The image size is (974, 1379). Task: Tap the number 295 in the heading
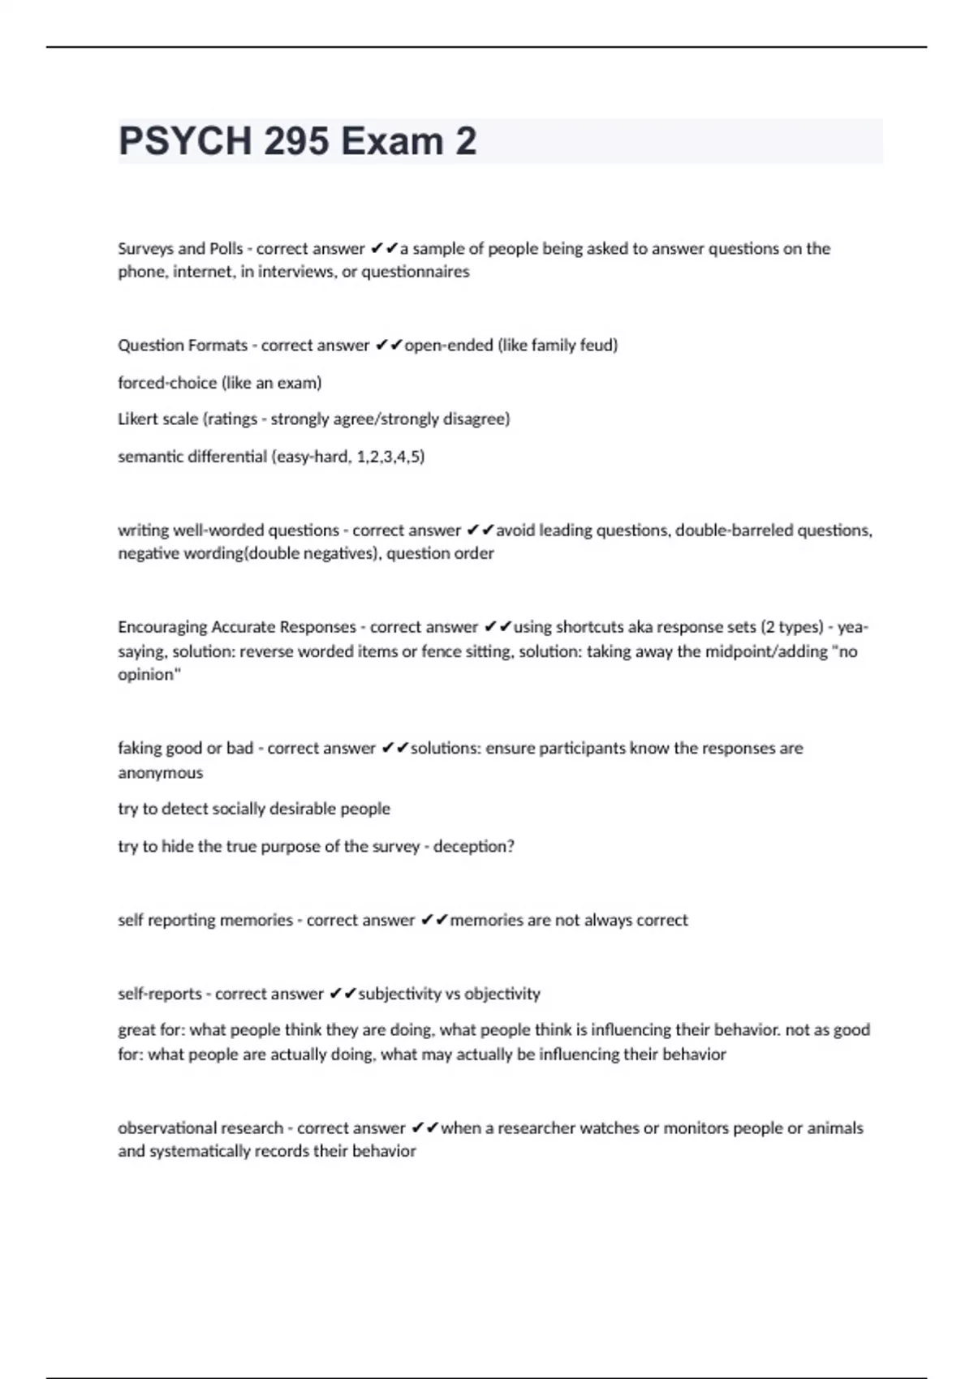[x=296, y=141]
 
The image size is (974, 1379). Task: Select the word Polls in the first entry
[x=226, y=248]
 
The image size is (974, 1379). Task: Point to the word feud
[x=597, y=346]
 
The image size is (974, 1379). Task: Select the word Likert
[x=139, y=419]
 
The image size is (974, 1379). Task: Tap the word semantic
[x=152, y=456]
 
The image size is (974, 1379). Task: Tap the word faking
[x=139, y=748]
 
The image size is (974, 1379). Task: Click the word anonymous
[x=160, y=772]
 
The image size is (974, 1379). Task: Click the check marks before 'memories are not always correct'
[x=434, y=920]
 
